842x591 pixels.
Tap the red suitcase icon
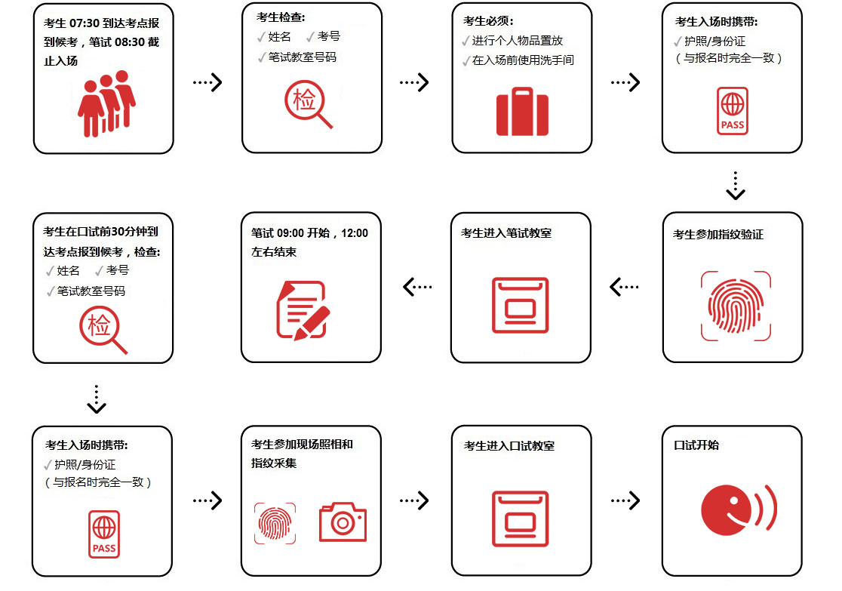[522, 112]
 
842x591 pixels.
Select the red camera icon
[343, 522]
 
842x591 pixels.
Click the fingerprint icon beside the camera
[275, 522]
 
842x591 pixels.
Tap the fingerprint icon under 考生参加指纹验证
[736, 306]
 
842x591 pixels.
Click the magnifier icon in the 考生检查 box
[307, 105]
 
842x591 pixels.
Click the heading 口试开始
[696, 445]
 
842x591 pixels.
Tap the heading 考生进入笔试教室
[506, 233]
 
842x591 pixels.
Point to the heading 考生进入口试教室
[509, 446]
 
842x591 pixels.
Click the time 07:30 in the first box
[84, 23]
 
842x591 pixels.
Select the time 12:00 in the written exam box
[355, 233]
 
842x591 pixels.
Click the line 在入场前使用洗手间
[522, 60]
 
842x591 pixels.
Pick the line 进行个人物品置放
[517, 41]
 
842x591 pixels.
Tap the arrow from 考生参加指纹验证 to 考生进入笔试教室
[625, 287]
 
